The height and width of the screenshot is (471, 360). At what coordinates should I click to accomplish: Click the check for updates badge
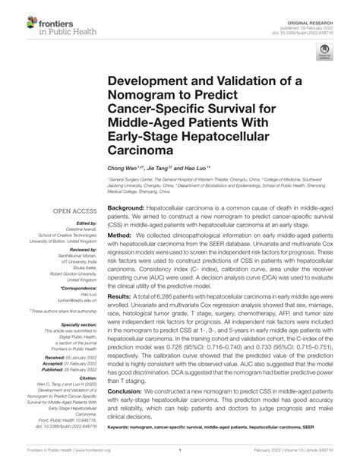[x=327, y=54]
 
